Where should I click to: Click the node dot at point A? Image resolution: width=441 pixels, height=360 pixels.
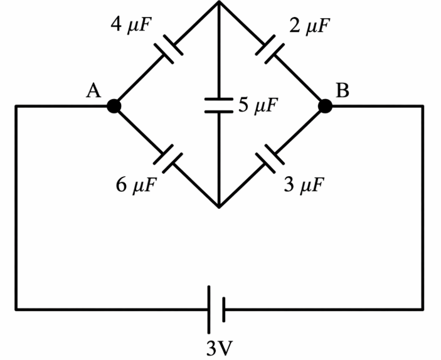(x=114, y=106)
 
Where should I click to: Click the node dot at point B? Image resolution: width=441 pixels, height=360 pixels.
(x=325, y=106)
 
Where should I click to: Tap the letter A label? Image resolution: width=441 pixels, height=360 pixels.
(x=93, y=91)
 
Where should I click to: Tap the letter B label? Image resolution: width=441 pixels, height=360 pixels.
(x=343, y=90)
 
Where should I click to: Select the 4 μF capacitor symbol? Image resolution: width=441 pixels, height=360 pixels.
(x=169, y=49)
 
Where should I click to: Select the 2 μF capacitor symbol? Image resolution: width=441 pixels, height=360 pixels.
(x=270, y=49)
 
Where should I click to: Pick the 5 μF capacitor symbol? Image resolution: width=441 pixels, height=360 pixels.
(x=219, y=105)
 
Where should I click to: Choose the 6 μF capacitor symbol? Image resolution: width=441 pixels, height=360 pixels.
(x=168, y=159)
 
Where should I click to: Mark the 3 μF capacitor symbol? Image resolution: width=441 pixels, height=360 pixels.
(x=270, y=159)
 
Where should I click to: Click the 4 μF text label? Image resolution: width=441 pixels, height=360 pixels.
(x=131, y=24)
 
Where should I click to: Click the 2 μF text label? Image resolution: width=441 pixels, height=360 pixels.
(x=309, y=26)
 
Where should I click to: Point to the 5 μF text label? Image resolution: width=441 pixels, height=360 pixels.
(x=258, y=105)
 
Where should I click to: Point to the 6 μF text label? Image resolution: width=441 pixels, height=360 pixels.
(x=136, y=186)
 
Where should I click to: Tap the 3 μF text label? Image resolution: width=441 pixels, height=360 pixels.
(x=304, y=185)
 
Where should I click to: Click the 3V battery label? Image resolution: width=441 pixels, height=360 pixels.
(x=220, y=348)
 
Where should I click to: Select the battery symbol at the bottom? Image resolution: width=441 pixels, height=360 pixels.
(x=216, y=310)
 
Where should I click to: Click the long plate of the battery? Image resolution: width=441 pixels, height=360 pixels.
(x=209, y=310)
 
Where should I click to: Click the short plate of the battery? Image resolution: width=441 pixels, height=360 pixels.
(x=223, y=310)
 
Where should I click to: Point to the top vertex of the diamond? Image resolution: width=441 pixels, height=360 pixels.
(x=219, y=2)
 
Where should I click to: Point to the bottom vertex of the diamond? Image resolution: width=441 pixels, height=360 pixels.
(x=219, y=207)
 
